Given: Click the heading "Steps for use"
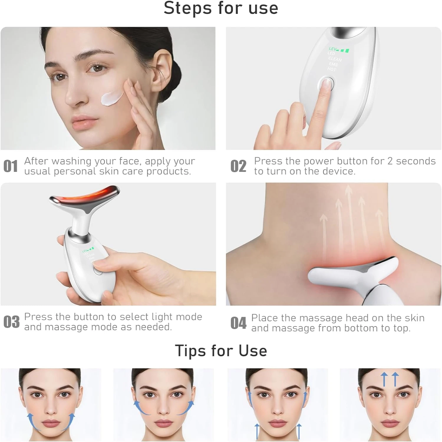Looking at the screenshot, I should (221, 8).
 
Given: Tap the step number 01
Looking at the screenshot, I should (11, 166).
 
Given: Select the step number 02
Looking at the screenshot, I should (238, 166).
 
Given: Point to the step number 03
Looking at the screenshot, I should (11, 322).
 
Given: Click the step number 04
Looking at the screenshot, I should (238, 323).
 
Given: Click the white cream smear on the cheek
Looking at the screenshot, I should (111, 98).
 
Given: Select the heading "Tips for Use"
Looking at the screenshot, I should (221, 351).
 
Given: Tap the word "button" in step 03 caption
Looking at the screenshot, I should (90, 317).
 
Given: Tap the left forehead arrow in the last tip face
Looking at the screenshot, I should (384, 379).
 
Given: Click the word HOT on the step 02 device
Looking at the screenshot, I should (331, 69).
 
